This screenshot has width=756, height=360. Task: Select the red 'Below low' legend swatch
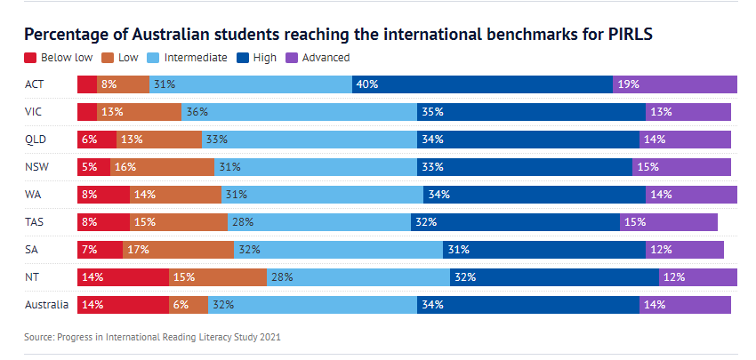(30, 58)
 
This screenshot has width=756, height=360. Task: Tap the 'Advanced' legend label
(325, 58)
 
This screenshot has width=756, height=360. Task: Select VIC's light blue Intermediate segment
(299, 112)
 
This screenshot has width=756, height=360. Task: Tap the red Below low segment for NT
(123, 277)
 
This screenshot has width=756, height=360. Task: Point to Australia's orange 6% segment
(189, 305)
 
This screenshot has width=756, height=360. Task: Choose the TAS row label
(36, 222)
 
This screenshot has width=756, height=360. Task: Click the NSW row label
(37, 167)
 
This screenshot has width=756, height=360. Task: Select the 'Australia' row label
(47, 305)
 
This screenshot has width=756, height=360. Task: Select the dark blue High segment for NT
(554, 277)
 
